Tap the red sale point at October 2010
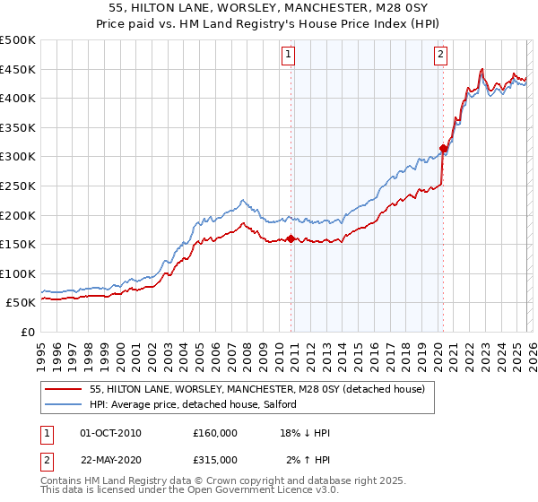(x=291, y=238)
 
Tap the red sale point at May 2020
(x=443, y=149)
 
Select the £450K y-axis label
(x=19, y=69)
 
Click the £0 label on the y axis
(x=27, y=332)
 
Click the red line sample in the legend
(x=63, y=389)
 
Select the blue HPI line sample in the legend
(x=63, y=404)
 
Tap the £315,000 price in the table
(x=215, y=459)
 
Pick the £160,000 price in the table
(x=215, y=433)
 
